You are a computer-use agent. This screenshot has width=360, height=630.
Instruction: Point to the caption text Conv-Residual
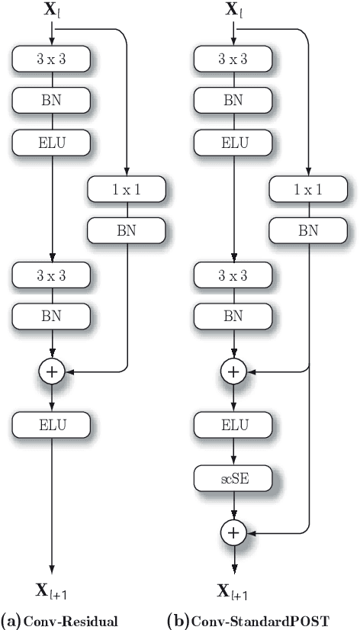click(x=71, y=621)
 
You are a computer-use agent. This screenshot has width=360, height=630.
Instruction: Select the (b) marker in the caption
click(x=177, y=621)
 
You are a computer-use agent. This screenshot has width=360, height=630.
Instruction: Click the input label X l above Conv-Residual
click(x=51, y=11)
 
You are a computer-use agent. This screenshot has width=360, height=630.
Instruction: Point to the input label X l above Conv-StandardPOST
click(x=233, y=11)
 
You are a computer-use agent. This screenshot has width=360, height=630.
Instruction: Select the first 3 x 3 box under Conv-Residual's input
click(x=52, y=59)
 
